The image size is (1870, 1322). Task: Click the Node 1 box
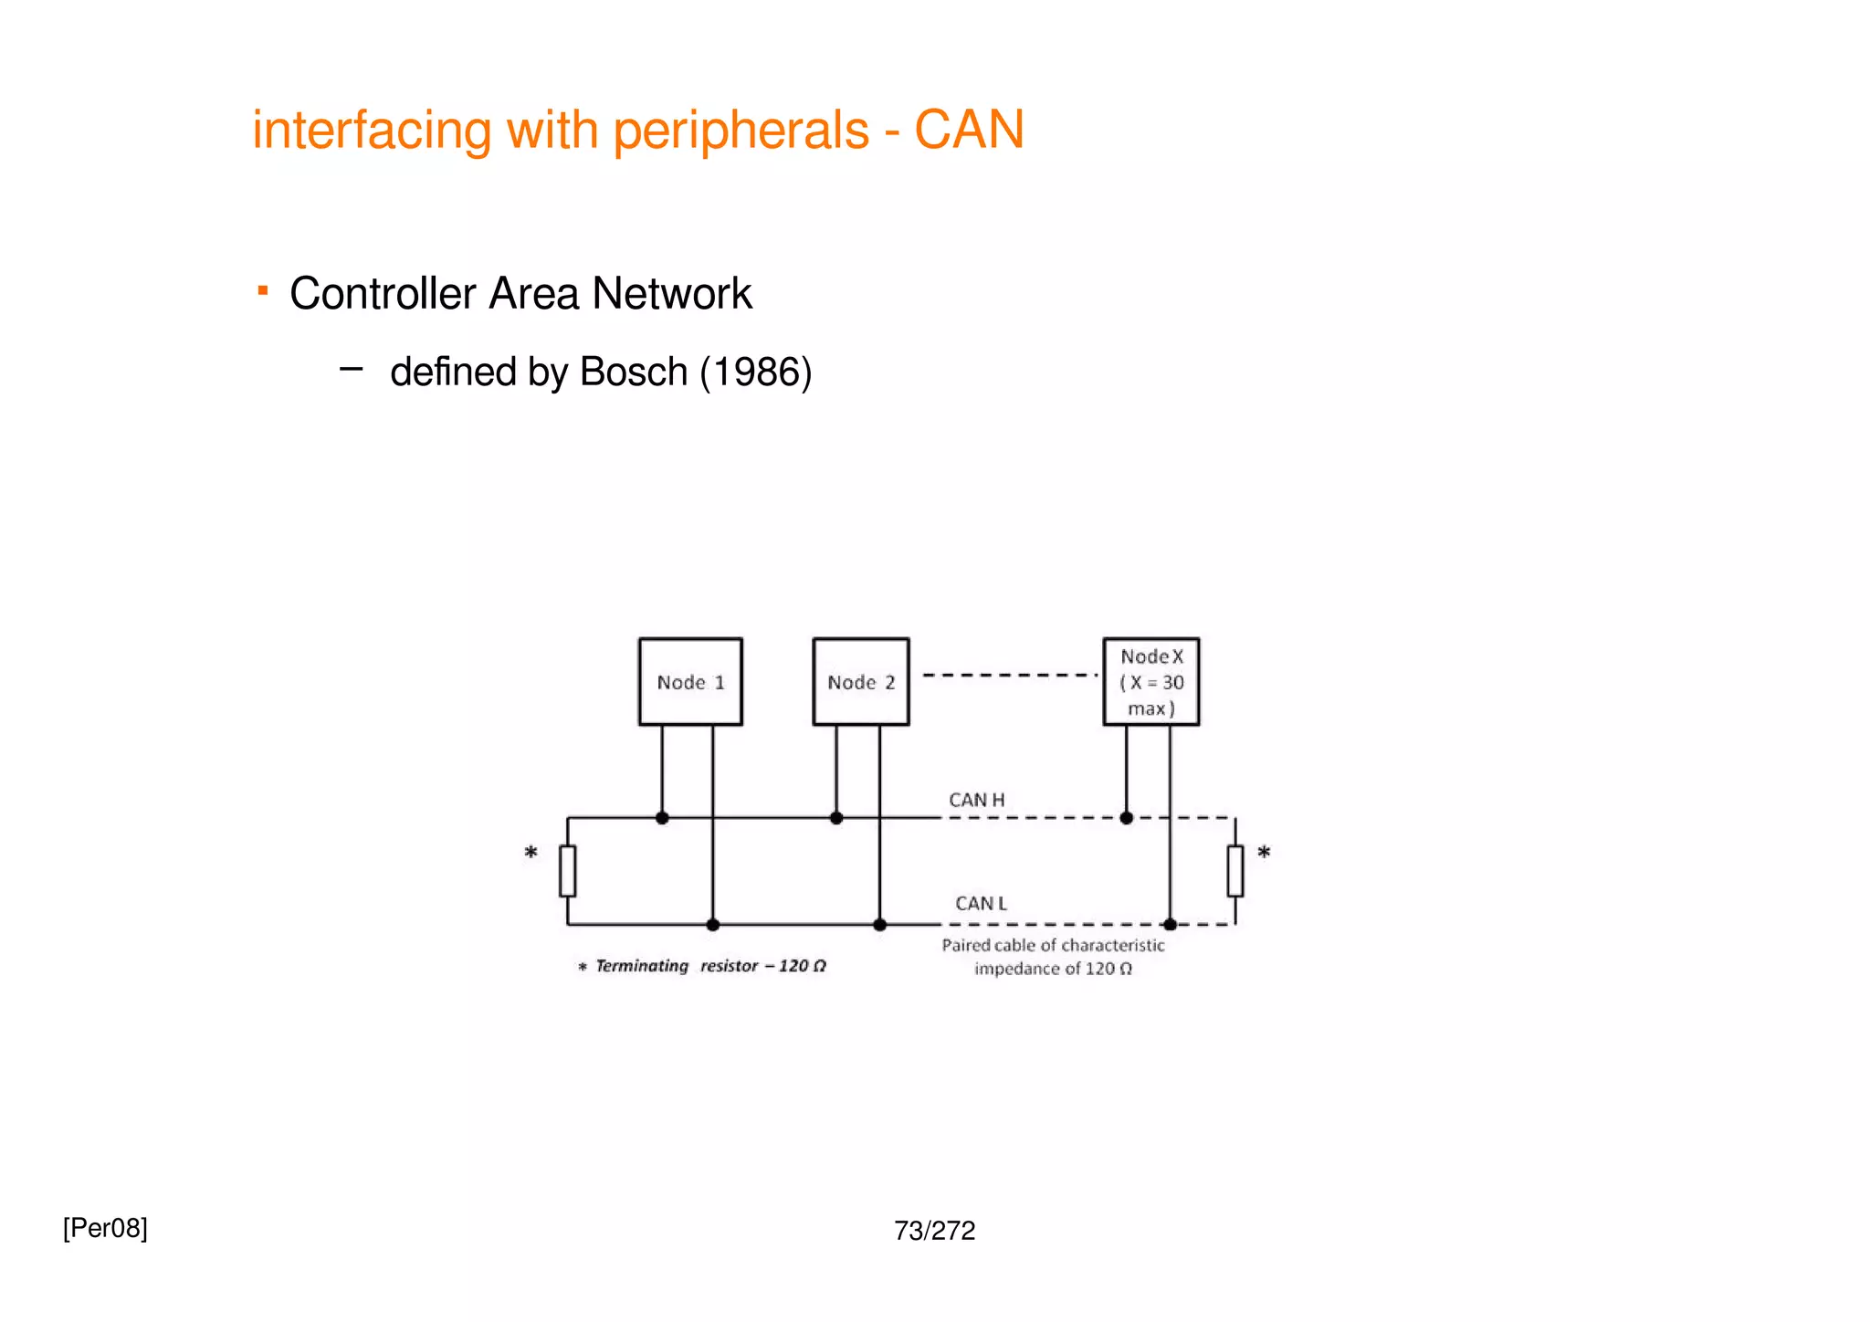coord(690,682)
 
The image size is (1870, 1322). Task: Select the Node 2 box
coord(860,682)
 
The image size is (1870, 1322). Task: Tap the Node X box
coord(1150,682)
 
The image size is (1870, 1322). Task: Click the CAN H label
coord(976,800)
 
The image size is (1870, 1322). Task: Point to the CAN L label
coord(981,903)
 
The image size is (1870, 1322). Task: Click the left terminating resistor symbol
coord(567,871)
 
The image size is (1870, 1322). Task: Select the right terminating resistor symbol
coord(1234,871)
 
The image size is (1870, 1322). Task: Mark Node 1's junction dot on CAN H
coord(662,818)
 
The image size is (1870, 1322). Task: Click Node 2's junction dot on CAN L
coord(879,925)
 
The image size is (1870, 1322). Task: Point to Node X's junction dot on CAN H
coord(1126,818)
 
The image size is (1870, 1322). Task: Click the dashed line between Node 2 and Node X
coord(1009,676)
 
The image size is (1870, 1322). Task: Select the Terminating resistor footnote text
coord(703,966)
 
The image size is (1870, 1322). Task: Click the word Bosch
coord(633,372)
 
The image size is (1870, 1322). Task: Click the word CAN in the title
coord(969,130)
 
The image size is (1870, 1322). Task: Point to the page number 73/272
coord(934,1231)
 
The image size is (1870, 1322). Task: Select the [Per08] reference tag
coord(105,1228)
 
